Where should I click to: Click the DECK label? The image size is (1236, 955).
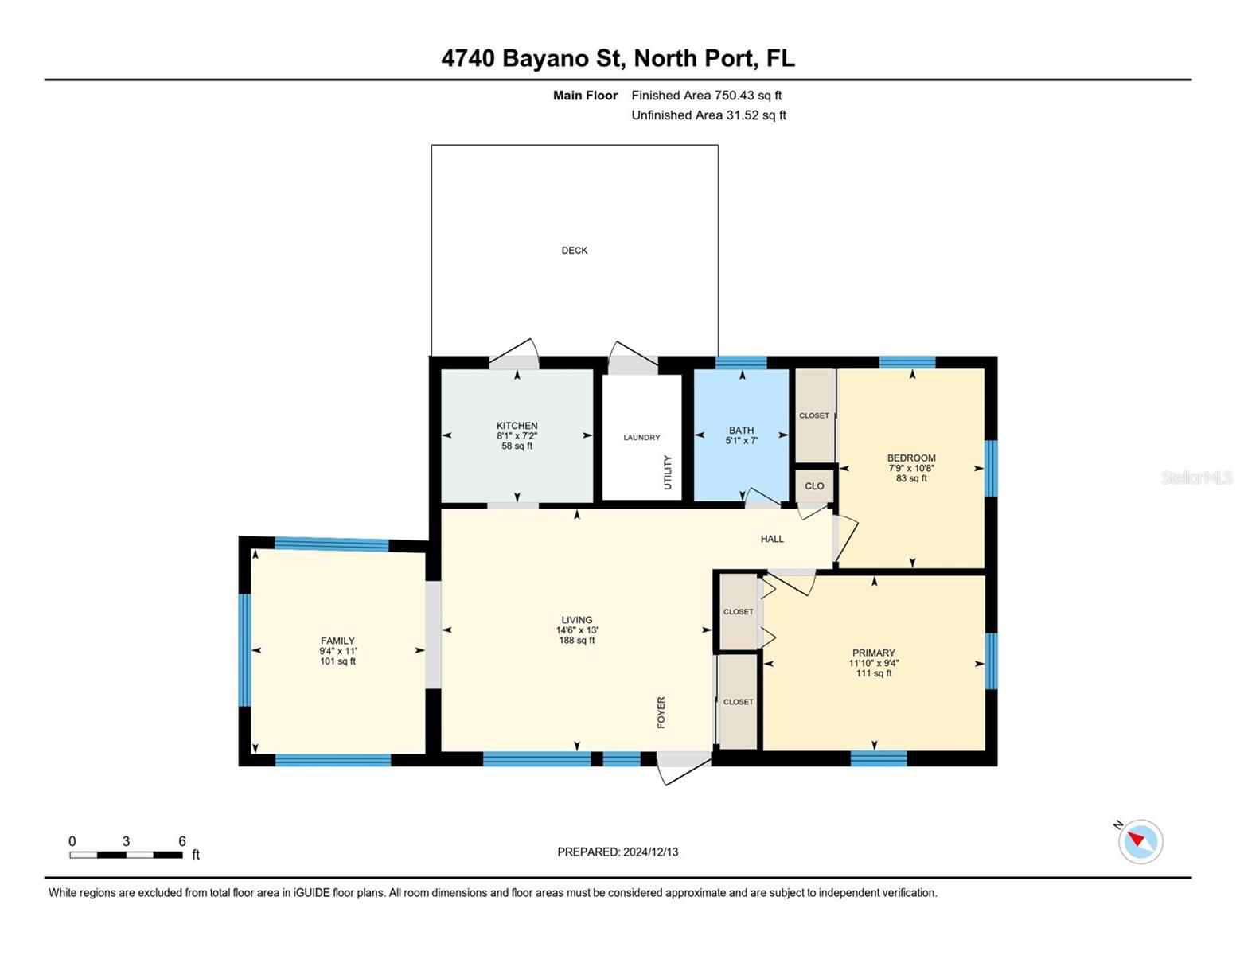click(x=574, y=251)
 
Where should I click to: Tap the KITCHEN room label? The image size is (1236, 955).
click(x=517, y=426)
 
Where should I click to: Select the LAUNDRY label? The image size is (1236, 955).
click(x=641, y=438)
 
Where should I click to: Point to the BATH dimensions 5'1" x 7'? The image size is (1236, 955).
click(x=741, y=441)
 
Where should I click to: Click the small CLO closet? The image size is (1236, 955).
click(x=814, y=486)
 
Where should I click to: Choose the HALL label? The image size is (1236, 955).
click(x=771, y=539)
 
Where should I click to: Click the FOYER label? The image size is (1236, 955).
click(x=661, y=712)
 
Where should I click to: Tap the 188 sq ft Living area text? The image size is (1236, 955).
click(x=576, y=641)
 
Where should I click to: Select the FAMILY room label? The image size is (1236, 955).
click(x=337, y=641)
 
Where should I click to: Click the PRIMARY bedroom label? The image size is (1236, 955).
click(x=873, y=653)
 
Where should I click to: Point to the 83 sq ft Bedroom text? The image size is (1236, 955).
click(x=911, y=479)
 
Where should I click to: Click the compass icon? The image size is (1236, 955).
click(x=1140, y=841)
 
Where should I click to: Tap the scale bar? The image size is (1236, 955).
click(x=126, y=855)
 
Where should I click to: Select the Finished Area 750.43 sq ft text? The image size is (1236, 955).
click(x=706, y=95)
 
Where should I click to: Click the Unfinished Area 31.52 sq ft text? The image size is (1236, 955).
click(x=708, y=115)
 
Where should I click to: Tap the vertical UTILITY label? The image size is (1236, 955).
click(x=668, y=473)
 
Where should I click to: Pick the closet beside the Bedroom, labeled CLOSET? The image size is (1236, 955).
click(x=814, y=415)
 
